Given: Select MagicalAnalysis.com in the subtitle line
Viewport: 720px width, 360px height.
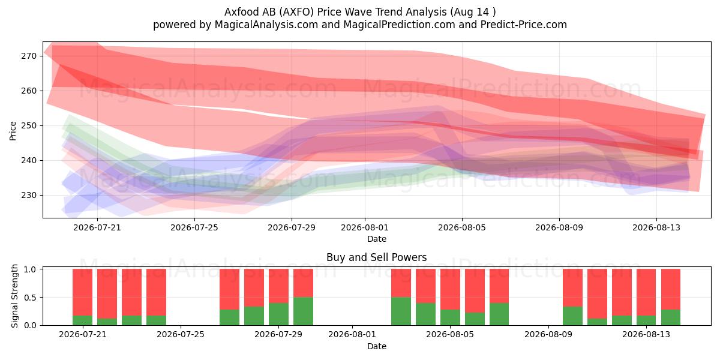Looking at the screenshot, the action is coord(266,25).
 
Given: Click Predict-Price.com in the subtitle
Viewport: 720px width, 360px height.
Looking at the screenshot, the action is coord(524,25).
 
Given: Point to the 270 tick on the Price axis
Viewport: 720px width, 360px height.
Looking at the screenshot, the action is coord(29,56).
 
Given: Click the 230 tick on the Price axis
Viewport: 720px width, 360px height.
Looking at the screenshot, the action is coord(29,195).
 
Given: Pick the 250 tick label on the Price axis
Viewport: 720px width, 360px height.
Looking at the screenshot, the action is coord(29,125).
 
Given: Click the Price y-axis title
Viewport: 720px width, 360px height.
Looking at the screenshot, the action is coord(13,131).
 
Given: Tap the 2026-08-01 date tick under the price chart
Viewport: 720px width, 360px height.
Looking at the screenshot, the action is coord(365,227).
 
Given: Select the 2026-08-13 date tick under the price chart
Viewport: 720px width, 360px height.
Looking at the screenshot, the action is coord(656,227).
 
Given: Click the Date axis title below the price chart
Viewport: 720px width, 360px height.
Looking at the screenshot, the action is coord(377,239).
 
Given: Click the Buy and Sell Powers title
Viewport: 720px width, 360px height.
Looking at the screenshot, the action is coord(377,257).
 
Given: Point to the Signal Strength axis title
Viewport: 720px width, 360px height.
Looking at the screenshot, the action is coord(14,296).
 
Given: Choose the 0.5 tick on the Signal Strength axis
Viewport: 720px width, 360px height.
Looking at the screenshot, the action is coord(31,298).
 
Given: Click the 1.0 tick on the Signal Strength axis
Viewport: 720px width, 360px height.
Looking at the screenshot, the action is coord(31,269).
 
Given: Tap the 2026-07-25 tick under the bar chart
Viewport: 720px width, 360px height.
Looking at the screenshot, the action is coord(181,335).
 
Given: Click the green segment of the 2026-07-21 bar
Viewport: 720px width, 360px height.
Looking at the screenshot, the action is coord(83,320).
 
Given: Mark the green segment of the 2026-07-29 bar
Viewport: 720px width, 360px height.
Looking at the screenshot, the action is coord(278,314).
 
